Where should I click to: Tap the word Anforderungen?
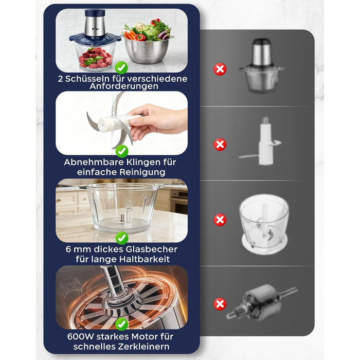pos(124,86)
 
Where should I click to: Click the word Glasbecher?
pos(152,249)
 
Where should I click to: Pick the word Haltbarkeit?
pos(145,259)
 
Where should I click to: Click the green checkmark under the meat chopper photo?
pos(121,67)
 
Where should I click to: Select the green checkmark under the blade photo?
pos(122,151)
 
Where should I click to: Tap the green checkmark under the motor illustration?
pos(122,324)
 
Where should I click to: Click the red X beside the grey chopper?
pos(220,69)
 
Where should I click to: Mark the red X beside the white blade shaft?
pos(220,145)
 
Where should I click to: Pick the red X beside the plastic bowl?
pos(220,220)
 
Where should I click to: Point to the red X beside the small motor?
pos(220,304)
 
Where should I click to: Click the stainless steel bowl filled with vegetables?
pos(148,49)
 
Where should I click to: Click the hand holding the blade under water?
pos(156,120)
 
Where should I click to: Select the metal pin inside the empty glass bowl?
pos(122,218)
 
